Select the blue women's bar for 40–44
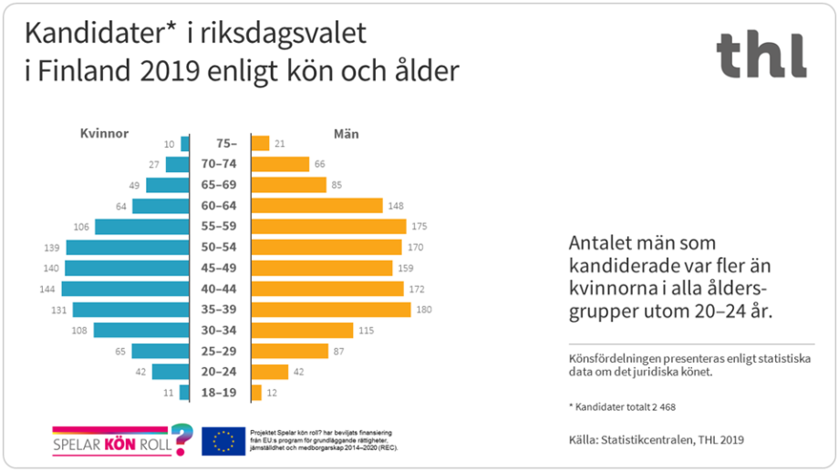point(126,289)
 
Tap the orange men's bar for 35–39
point(331,310)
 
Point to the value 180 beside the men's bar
point(424,310)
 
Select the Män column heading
point(346,133)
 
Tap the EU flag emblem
point(223,441)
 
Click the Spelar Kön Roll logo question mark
point(182,438)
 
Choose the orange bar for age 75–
point(261,143)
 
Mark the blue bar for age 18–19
point(184,393)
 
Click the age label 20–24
point(220,372)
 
